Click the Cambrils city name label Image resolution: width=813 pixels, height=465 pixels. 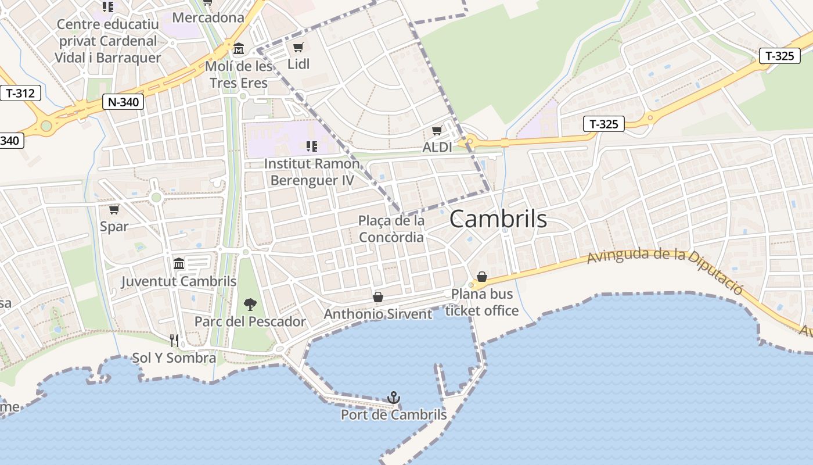498,219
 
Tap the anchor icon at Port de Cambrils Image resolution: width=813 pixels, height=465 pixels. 394,398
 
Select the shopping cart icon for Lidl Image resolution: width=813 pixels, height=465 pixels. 298,47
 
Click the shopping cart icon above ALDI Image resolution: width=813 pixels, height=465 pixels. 437,131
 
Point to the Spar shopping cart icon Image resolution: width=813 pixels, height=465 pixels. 114,209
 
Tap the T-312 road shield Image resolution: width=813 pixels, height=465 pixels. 20,93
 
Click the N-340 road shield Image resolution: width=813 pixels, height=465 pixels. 123,102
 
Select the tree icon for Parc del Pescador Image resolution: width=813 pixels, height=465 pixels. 250,304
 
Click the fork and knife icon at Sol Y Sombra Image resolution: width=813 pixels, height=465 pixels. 174,340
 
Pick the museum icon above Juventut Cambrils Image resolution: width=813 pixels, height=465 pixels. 179,264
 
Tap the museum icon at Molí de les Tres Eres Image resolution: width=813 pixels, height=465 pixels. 239,48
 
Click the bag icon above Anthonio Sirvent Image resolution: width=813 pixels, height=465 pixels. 378,297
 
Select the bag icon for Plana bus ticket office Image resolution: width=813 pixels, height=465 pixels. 481,276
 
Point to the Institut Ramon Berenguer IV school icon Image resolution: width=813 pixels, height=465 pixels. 311,146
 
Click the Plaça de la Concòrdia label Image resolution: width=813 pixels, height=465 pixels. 391,229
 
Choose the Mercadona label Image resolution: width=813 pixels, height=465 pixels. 208,17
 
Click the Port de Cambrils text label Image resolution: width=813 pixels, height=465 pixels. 394,414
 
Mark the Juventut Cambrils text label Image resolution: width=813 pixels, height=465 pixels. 179,281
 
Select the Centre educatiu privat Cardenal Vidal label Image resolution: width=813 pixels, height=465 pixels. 107,41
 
